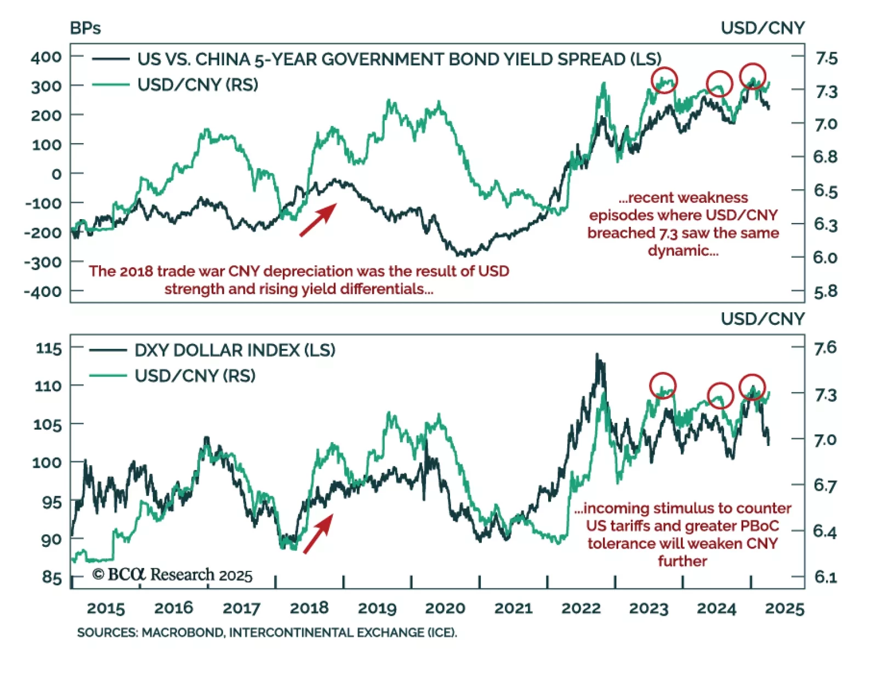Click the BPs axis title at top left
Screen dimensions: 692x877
pos(85,28)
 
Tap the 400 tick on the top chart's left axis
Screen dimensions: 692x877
pos(46,56)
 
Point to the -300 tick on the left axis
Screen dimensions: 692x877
pos(43,262)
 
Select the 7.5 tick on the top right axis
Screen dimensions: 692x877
pos(825,58)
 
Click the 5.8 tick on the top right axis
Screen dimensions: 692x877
pos(825,291)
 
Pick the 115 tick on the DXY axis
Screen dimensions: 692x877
pos(48,348)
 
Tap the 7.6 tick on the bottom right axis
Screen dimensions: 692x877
pos(825,347)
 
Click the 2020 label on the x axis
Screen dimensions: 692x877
pos(445,608)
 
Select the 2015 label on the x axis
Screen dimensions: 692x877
pos(106,608)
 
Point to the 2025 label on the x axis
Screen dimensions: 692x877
pos(784,608)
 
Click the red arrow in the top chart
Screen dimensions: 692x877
pos(318,220)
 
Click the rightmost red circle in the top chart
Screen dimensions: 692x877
pos(753,76)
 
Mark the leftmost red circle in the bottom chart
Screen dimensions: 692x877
pos(663,386)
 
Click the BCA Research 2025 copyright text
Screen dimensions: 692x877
pos(172,574)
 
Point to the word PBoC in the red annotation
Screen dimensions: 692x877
pos(759,526)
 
